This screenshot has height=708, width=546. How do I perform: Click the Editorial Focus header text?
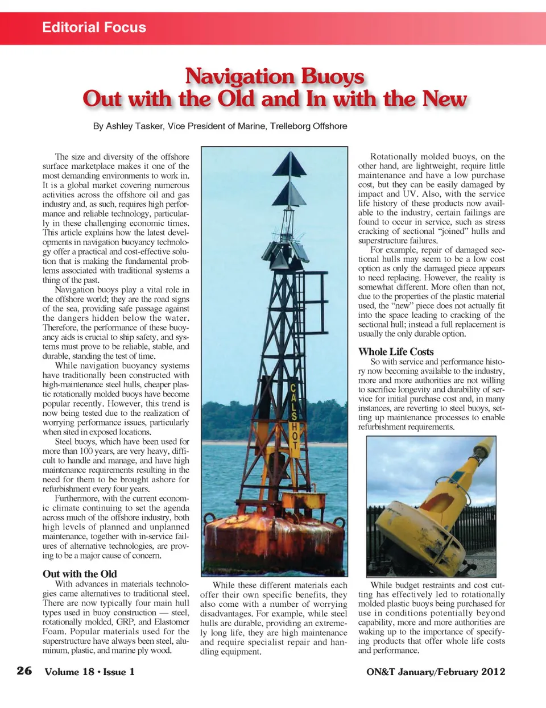pyautogui.click(x=94, y=27)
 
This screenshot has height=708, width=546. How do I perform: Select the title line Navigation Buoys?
pyautogui.click(x=275, y=76)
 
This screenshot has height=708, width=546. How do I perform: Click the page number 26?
pyautogui.click(x=24, y=671)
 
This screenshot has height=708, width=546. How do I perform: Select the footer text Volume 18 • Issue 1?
pyautogui.click(x=90, y=672)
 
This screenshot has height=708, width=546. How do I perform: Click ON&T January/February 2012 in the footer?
pyautogui.click(x=436, y=672)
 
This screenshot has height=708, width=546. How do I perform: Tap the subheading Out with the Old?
pyautogui.click(x=80, y=574)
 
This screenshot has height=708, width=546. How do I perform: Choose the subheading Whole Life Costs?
pyautogui.click(x=396, y=351)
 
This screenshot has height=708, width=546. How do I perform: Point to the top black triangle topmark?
pyautogui.click(x=289, y=164)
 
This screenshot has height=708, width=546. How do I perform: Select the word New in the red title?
pyautogui.click(x=444, y=99)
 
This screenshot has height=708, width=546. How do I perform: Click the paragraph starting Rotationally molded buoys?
pyautogui.click(x=431, y=198)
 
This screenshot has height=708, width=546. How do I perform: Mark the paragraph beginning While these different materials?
pyautogui.click(x=274, y=618)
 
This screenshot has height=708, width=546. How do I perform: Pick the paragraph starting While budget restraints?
pyautogui.click(x=431, y=618)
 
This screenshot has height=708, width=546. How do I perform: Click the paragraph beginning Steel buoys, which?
pyautogui.click(x=116, y=465)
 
